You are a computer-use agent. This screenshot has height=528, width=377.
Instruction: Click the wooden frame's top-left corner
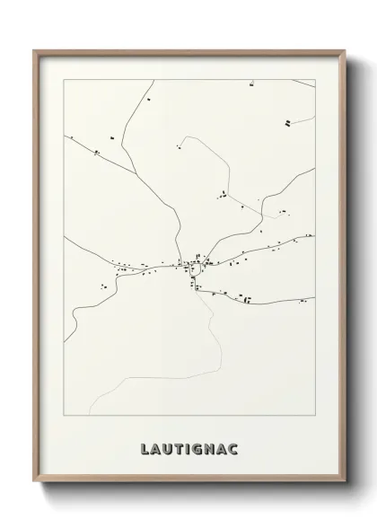(x=35, y=50)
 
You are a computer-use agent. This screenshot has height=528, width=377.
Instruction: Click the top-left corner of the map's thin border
(x=63, y=79)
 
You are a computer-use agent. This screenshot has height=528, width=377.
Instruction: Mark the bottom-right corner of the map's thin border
(x=314, y=416)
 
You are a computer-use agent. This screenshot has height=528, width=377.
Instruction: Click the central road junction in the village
(x=195, y=265)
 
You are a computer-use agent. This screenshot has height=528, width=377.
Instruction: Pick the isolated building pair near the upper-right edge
(x=286, y=120)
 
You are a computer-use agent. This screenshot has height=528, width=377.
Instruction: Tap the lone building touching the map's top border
(x=251, y=82)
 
